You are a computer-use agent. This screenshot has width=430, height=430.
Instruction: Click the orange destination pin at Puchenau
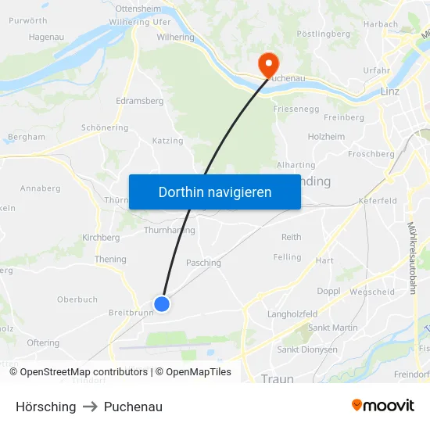[x=268, y=64]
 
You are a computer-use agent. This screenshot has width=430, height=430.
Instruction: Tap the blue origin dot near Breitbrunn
[x=162, y=303]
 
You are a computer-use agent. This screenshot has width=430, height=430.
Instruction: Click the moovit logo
[x=383, y=406]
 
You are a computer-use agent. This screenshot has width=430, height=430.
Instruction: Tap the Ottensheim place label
[x=137, y=7]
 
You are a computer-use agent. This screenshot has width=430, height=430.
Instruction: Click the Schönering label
[x=105, y=127]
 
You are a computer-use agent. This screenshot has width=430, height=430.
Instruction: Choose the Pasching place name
[x=203, y=263]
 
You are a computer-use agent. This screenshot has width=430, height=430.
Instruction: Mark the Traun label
[x=277, y=379]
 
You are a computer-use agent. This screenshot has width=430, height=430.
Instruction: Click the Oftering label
[x=43, y=342]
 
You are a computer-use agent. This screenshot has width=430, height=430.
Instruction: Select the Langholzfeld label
[x=292, y=314]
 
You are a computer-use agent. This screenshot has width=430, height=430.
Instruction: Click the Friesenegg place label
[x=296, y=109]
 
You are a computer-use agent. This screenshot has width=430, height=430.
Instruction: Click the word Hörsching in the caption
[x=46, y=407]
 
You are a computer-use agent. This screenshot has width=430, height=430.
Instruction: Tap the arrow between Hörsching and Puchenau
[x=90, y=407]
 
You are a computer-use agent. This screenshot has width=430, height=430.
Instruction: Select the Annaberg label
[x=40, y=188]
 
